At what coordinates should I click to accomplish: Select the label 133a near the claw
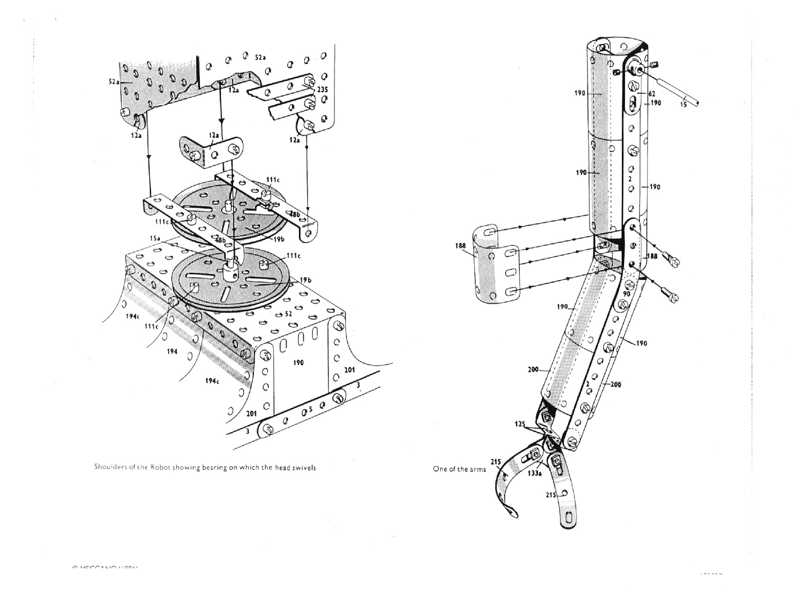click(x=534, y=473)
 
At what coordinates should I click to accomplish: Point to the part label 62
click(x=652, y=94)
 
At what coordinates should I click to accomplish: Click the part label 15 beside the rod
click(x=683, y=105)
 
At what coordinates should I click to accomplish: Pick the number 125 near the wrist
click(x=520, y=424)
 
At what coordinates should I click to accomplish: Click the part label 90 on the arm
click(x=626, y=294)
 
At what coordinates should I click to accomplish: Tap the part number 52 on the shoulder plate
click(x=288, y=314)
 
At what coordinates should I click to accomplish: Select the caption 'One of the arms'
click(x=459, y=469)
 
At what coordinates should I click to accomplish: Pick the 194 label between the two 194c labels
click(x=172, y=352)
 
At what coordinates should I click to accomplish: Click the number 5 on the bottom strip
click(x=311, y=408)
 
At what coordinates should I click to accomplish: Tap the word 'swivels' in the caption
click(x=304, y=467)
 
